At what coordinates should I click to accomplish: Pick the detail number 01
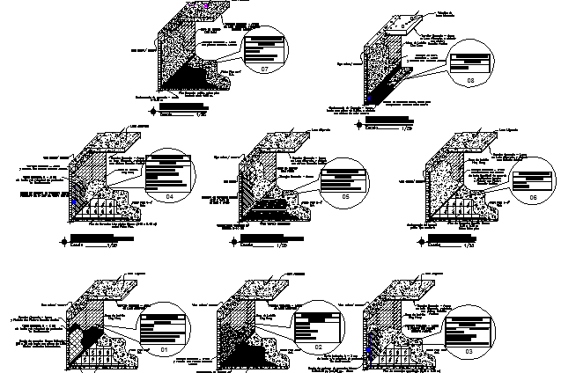(x=164, y=350)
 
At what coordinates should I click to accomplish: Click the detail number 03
(x=469, y=351)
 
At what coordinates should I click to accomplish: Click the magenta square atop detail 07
(x=206, y=5)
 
